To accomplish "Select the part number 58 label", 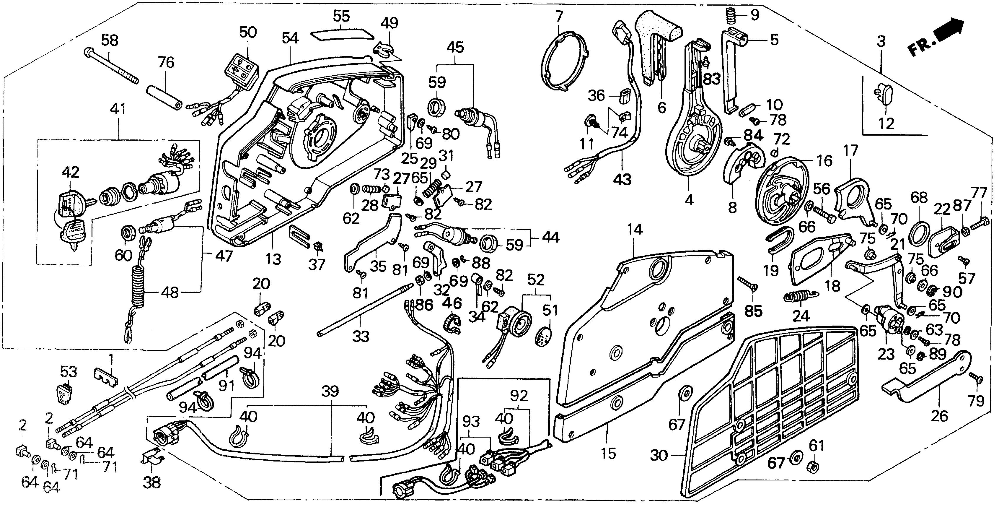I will [110, 40].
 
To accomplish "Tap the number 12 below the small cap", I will [886, 123].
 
